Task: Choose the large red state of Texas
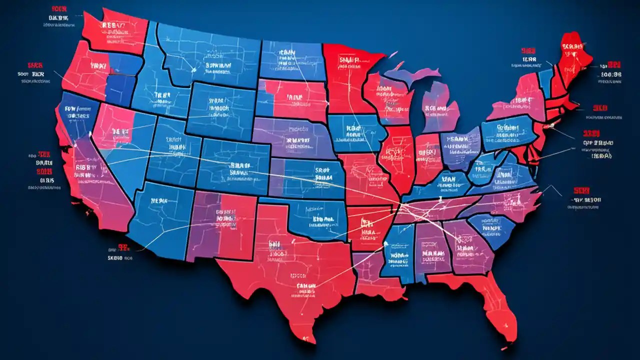click(x=290, y=270)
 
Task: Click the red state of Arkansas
click(x=367, y=225)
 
